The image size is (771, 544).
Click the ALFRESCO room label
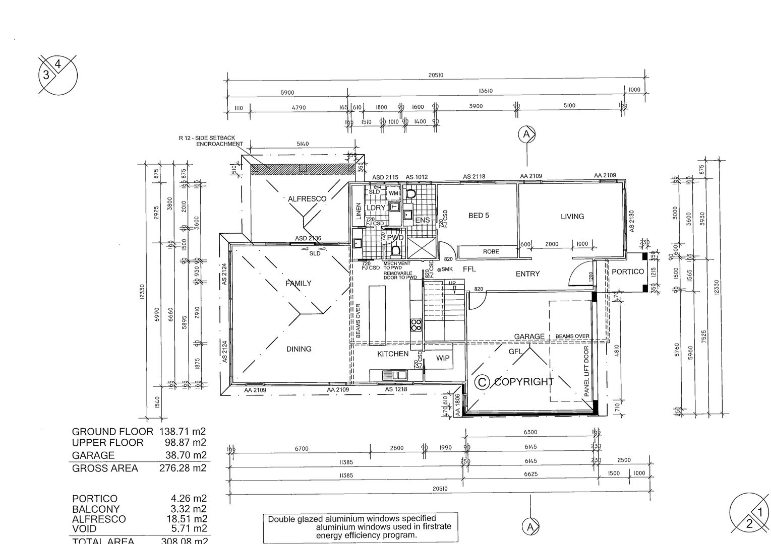(307, 198)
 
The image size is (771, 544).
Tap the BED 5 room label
(479, 216)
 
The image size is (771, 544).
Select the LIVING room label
(572, 216)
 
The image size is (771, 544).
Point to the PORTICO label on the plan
(627, 271)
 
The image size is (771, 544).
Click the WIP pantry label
(443, 358)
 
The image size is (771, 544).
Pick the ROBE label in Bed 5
(491, 251)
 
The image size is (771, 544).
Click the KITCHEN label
(393, 354)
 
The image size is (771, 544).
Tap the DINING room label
(299, 349)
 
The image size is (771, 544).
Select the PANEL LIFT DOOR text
(587, 372)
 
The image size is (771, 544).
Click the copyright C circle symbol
(482, 383)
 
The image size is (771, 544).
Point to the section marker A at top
(526, 134)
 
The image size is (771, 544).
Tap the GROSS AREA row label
(105, 468)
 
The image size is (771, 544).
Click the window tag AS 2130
(631, 221)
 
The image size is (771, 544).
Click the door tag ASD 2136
(308, 238)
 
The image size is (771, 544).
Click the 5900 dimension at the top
(287, 93)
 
